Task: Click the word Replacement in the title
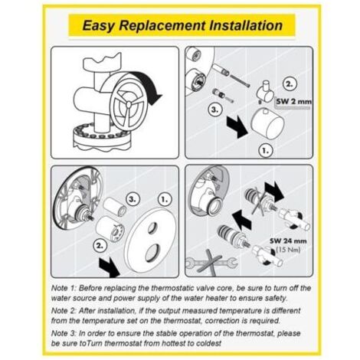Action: (x=162, y=25)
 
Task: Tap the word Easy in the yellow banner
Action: (x=98, y=26)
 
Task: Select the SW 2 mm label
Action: (x=294, y=101)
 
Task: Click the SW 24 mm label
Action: (x=288, y=241)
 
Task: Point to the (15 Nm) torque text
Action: (x=288, y=250)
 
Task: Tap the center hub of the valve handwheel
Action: (x=129, y=103)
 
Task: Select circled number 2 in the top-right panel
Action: (x=290, y=84)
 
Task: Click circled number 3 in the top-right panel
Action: (x=216, y=110)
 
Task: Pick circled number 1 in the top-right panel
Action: (x=266, y=151)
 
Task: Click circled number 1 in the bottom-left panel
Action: (x=165, y=199)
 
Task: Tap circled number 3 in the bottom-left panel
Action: (x=133, y=199)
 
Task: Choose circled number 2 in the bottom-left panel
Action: (x=100, y=246)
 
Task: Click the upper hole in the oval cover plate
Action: (x=152, y=227)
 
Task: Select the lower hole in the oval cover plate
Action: (x=153, y=253)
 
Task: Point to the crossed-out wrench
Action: (x=211, y=263)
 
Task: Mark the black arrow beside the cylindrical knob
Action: (x=237, y=126)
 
